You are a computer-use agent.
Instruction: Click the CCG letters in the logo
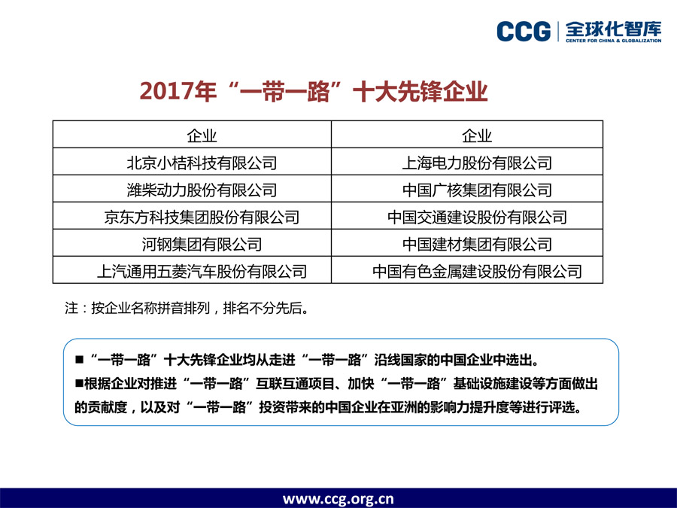(x=524, y=32)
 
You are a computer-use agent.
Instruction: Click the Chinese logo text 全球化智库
(x=614, y=29)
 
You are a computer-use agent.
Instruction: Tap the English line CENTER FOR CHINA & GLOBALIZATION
(x=614, y=41)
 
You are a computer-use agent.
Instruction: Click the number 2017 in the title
(x=166, y=91)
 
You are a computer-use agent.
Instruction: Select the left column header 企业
(x=202, y=135)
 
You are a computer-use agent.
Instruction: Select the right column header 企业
(x=477, y=135)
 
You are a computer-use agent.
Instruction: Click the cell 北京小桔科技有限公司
(x=202, y=163)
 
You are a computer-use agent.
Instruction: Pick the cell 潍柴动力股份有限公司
(x=202, y=190)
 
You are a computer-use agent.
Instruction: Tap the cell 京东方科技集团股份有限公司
(x=202, y=217)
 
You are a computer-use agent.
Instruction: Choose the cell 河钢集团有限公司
(x=202, y=245)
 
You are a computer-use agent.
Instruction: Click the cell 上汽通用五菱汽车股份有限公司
(x=202, y=271)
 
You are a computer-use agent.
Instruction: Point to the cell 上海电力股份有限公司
(x=477, y=163)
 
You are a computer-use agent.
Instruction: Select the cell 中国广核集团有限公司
(x=477, y=190)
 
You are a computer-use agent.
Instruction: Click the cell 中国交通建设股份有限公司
(x=477, y=217)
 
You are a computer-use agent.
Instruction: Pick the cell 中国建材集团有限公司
(x=477, y=245)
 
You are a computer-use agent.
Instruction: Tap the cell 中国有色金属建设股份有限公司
(x=477, y=271)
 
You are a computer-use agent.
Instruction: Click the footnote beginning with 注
(x=187, y=308)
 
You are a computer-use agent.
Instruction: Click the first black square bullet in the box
(x=80, y=360)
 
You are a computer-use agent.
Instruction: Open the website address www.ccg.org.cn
(x=338, y=499)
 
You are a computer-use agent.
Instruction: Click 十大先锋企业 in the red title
(x=420, y=91)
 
